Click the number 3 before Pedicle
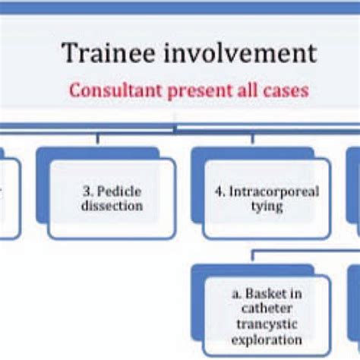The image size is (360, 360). tap(87, 191)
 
